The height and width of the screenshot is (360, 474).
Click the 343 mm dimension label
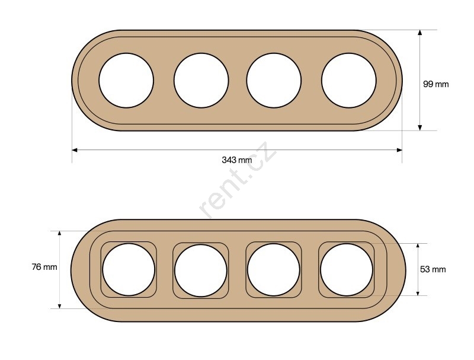pos(236,160)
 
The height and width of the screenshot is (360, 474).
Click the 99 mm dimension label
pos(435,84)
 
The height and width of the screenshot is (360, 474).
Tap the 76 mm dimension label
pos(44,267)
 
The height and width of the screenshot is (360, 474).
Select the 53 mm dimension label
pos(433,269)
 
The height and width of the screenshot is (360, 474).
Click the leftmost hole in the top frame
pos(126,81)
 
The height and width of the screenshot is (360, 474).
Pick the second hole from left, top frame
pos(201,81)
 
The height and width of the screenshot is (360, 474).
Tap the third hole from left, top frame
pos(274,81)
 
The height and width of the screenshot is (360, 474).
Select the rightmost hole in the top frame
pos(349,81)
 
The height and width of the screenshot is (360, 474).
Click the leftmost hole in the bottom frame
pos(129,269)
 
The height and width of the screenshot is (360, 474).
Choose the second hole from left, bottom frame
pos(201,270)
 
